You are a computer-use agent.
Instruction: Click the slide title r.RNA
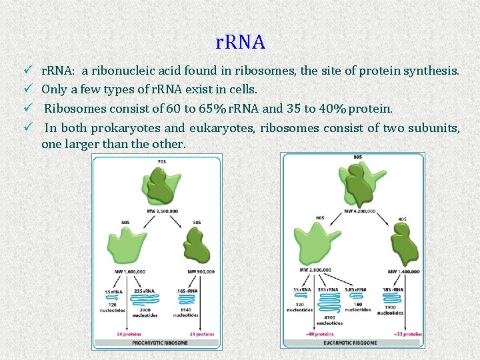click(241, 42)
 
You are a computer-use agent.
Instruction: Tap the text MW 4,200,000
click(360, 211)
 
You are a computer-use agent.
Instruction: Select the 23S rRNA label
click(143, 291)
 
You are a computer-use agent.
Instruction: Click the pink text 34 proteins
click(128, 334)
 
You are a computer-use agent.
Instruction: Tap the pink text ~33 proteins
click(408, 333)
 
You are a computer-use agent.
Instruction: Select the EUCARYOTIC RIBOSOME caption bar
click(353, 343)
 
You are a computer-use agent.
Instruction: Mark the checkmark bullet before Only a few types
click(28, 89)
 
